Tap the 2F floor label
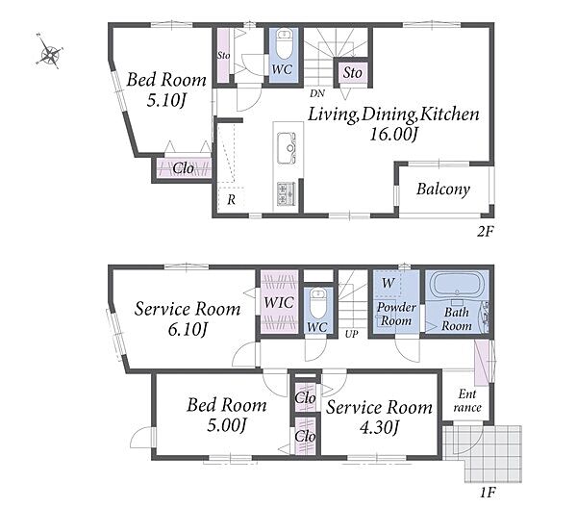coord(485,231)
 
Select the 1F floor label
coord(488,492)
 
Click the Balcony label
coord(443,190)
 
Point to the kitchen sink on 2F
coord(287,148)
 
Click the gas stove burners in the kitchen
coord(286,193)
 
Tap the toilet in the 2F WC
coord(284,43)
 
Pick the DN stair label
coord(316,93)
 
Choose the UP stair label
coord(351,334)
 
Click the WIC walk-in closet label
coord(279,303)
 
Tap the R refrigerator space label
coord(231,199)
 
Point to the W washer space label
coord(389,283)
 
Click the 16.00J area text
coord(393,135)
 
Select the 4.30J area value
coord(379,428)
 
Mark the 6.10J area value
coord(188,329)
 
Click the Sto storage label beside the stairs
coord(352,72)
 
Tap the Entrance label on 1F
coord(467,400)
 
